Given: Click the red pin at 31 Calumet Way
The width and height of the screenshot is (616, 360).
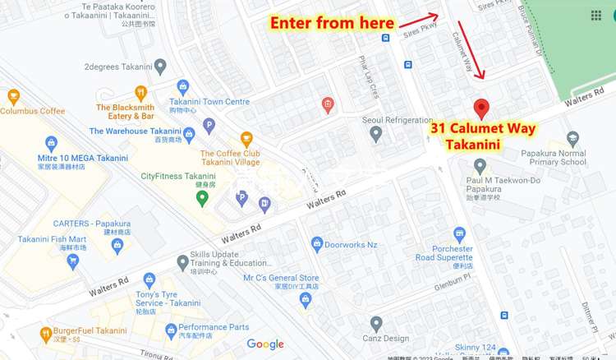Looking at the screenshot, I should (x=481, y=108).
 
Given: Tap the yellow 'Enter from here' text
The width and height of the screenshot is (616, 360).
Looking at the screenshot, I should (x=333, y=22).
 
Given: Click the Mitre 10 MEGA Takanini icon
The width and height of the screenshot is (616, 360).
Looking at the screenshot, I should (x=51, y=144).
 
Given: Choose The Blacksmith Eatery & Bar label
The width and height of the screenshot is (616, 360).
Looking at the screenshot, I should (x=126, y=112).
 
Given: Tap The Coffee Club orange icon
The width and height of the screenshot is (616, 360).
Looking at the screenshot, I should (x=246, y=139).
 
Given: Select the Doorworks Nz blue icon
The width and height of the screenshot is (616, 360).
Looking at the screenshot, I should (x=317, y=243).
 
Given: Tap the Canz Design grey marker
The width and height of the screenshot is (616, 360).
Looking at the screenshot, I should (x=376, y=323).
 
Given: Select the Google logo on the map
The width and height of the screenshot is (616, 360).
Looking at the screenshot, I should (x=265, y=344).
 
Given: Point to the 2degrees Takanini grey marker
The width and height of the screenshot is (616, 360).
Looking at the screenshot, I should (x=159, y=65).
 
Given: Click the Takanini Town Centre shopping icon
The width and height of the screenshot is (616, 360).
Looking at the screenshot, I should (x=183, y=86).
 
